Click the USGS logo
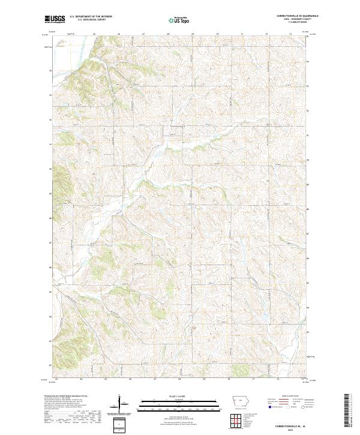point(54,19)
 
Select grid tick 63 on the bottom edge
point(56,379)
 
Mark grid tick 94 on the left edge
point(50,71)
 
